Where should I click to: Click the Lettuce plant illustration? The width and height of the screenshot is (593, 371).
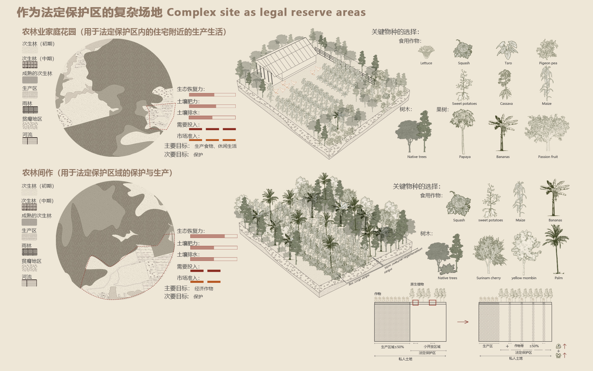click(x=426, y=52)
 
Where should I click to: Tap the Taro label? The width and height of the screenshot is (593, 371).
click(x=508, y=63)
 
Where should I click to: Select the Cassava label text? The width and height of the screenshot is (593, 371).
click(x=506, y=104)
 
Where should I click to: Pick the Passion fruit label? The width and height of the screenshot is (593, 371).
click(x=548, y=157)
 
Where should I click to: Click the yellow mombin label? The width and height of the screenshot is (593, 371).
click(x=524, y=278)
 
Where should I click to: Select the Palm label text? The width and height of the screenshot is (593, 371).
click(x=558, y=278)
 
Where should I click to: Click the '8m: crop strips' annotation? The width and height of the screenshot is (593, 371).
click(x=359, y=279)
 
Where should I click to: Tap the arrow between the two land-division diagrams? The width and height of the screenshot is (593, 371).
click(x=463, y=322)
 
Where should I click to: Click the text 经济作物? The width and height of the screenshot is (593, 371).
click(x=204, y=288)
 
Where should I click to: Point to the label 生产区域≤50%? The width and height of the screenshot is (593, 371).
click(x=392, y=347)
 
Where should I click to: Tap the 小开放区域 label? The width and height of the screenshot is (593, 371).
click(x=432, y=347)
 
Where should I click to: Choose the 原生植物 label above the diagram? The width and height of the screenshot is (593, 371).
click(x=417, y=284)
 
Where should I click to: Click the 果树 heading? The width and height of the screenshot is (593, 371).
click(x=442, y=109)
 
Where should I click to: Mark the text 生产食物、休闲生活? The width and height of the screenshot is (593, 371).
click(x=216, y=146)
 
